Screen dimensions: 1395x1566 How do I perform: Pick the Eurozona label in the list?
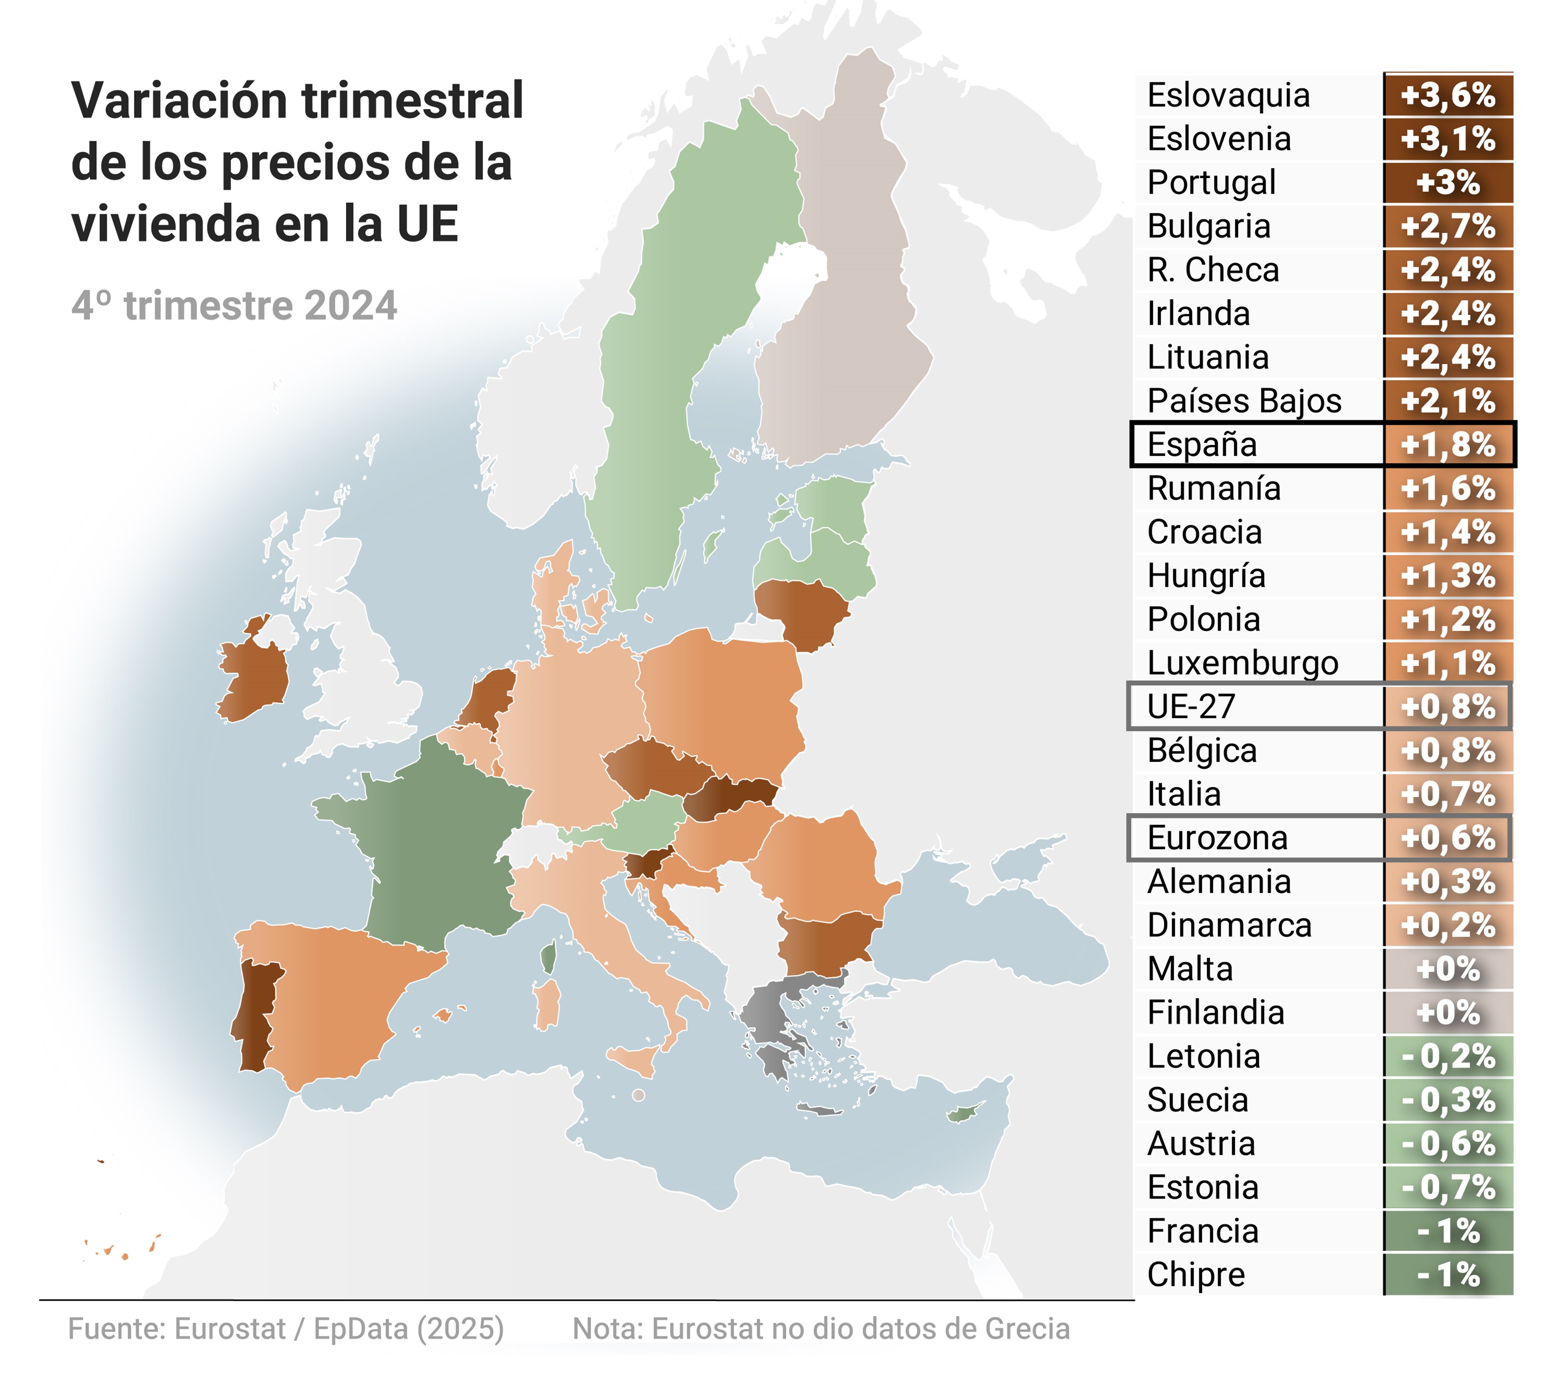tap(1217, 838)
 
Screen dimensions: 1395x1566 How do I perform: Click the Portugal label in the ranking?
tap(1210, 182)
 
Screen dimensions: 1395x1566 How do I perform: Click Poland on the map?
tap(720, 698)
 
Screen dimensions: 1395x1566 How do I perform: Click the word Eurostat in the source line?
tap(230, 1328)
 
